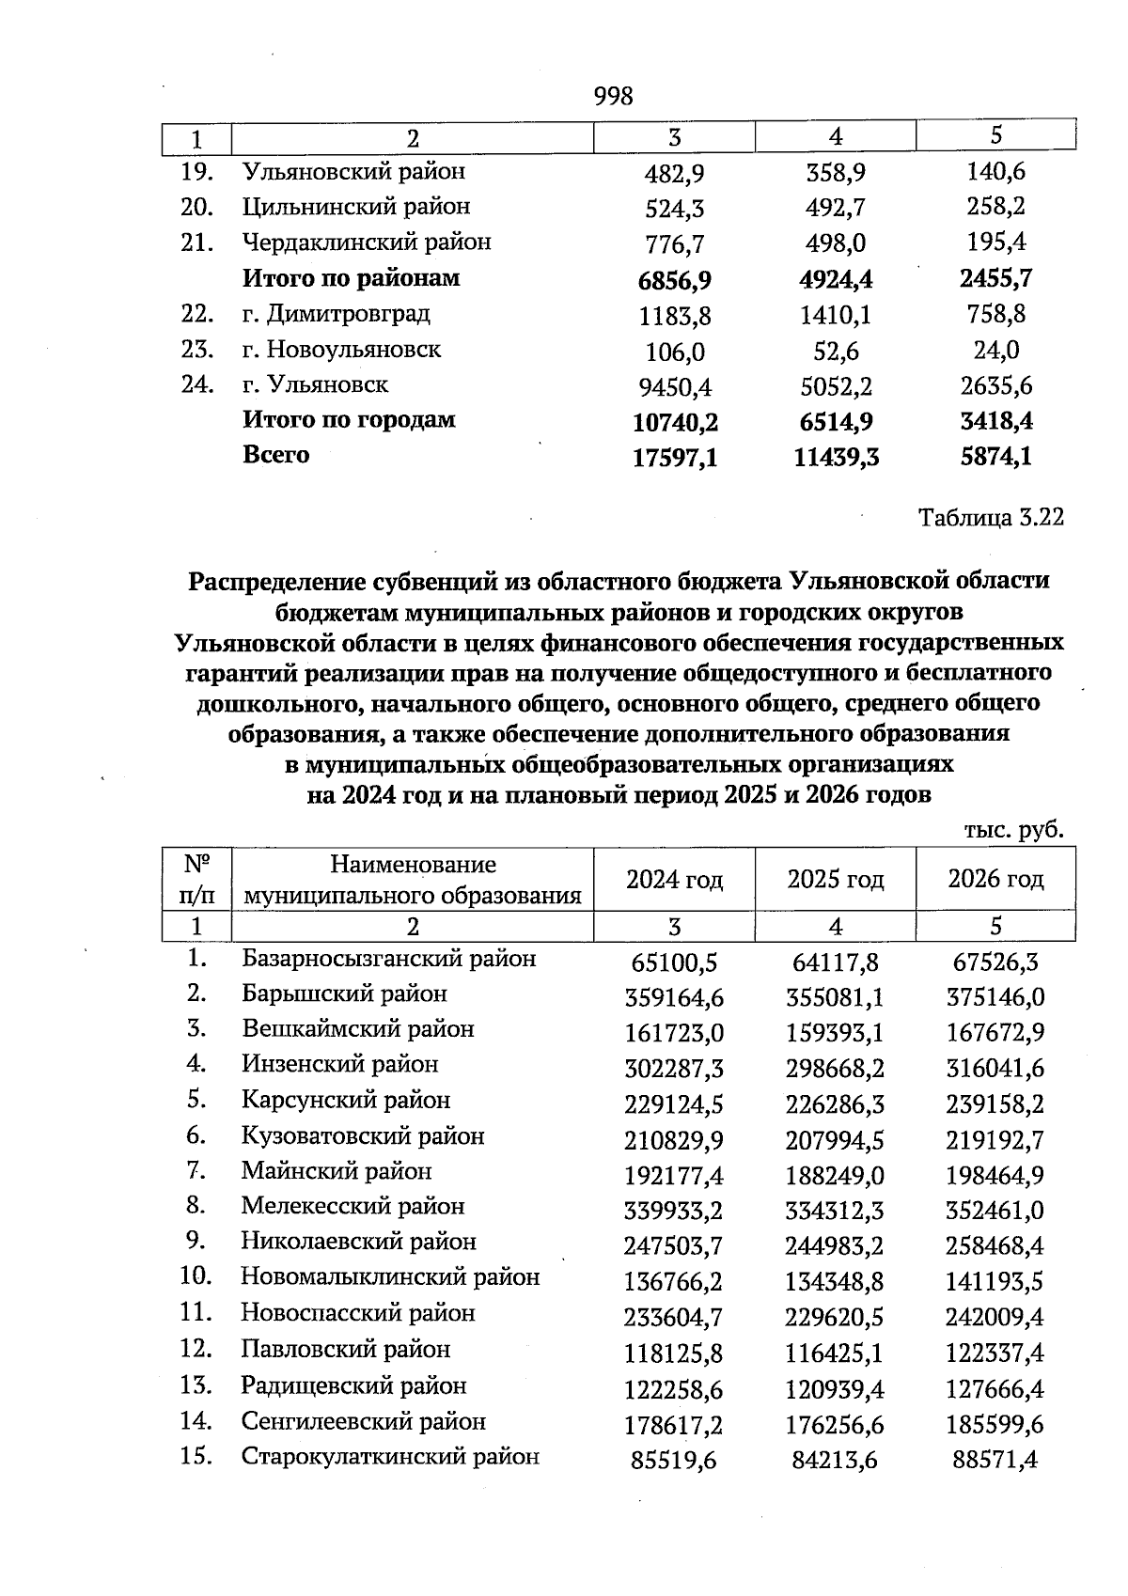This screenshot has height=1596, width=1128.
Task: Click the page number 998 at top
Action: click(614, 96)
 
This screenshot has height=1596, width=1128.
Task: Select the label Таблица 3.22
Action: click(991, 518)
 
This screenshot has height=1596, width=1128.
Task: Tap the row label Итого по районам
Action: click(352, 278)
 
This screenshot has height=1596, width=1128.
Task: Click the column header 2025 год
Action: click(835, 880)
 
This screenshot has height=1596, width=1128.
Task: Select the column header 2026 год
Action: click(995, 880)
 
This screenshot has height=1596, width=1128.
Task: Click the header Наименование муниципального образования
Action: click(413, 879)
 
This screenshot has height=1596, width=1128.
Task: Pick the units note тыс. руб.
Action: click(1013, 830)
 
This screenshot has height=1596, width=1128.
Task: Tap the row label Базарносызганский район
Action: click(389, 959)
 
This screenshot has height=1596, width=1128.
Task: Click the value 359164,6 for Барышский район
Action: click(675, 997)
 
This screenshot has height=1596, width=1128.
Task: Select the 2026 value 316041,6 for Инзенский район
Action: click(995, 1069)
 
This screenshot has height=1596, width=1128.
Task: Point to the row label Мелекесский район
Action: click(352, 1206)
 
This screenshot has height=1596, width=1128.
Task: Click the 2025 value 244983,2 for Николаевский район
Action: click(835, 1246)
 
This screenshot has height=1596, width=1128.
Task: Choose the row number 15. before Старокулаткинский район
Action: click(196, 1457)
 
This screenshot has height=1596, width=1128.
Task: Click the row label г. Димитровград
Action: click(336, 313)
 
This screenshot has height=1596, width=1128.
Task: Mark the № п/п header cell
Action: click(196, 879)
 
